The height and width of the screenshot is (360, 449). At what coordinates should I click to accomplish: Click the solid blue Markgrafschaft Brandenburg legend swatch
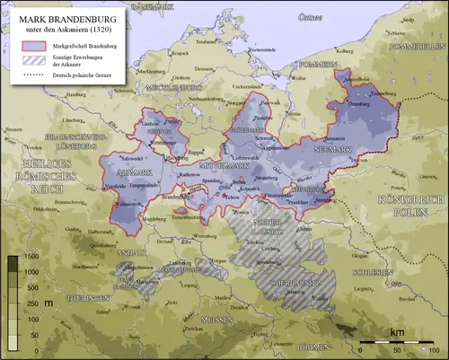coord(33,46)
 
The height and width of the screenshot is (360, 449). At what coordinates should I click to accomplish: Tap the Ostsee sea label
coord(311,18)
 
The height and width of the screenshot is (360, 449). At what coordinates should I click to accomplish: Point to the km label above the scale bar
coord(397,331)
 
